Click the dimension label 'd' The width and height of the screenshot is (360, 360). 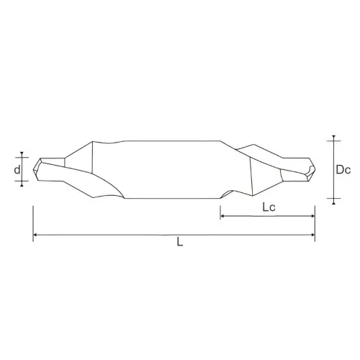click(x=17, y=170)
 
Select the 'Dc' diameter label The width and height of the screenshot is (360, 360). click(x=343, y=170)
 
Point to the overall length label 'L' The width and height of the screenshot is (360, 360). click(x=179, y=243)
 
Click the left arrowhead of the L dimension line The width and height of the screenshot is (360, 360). click(x=35, y=235)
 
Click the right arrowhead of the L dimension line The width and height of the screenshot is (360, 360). click(x=312, y=235)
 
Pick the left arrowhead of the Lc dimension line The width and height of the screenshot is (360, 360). click(x=222, y=215)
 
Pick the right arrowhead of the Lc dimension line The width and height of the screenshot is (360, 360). click(x=312, y=215)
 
